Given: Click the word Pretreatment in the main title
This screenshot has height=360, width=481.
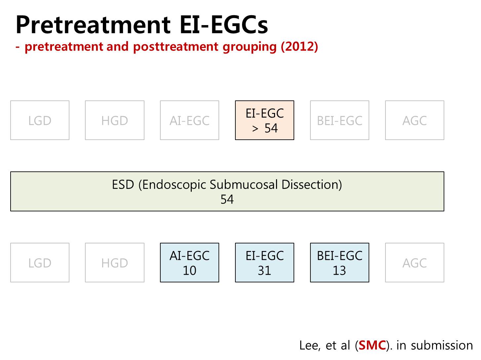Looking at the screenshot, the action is tap(93, 25).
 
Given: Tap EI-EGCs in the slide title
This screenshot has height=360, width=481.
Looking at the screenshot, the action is tap(223, 25).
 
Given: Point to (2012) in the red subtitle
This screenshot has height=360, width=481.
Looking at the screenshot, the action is tap(299, 47).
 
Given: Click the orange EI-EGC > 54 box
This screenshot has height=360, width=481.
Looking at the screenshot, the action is tap(264, 120).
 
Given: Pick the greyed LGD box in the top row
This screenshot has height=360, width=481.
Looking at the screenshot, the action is tap(40, 120).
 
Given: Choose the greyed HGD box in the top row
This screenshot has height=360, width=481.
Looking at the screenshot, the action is tap(115, 120).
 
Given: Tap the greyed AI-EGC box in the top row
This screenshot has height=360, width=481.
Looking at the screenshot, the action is tap(189, 120).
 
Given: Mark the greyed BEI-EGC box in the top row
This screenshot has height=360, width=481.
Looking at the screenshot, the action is tap(340, 120).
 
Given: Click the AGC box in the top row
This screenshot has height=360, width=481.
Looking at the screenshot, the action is tap(415, 120).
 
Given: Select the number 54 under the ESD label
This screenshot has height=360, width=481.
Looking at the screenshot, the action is tap(227, 199).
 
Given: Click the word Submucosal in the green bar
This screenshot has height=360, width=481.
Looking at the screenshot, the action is tap(244, 185).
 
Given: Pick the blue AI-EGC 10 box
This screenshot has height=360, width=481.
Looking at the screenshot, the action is tap(189, 262).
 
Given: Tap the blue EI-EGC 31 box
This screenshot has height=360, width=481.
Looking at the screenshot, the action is tap(264, 262).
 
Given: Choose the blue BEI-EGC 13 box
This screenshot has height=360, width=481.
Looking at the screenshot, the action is tap(340, 262).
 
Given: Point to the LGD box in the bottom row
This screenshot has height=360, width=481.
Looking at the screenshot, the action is tap(40, 262).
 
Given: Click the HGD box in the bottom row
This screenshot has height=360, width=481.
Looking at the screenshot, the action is tap(115, 262).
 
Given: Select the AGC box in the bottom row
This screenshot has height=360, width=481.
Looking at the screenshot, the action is tap(415, 262).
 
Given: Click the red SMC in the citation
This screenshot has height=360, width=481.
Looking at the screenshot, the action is tap(372, 345).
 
